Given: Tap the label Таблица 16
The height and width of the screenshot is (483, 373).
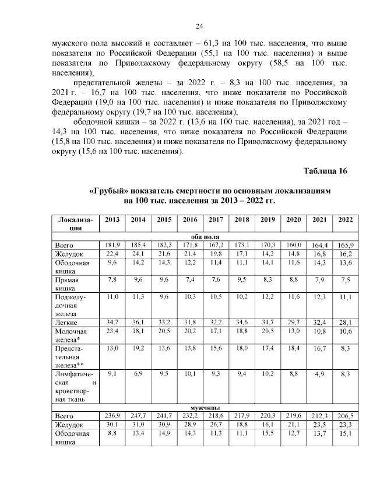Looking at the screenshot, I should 325,171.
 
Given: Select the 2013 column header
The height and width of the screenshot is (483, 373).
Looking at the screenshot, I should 112,220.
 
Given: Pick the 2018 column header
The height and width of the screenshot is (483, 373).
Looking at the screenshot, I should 241,220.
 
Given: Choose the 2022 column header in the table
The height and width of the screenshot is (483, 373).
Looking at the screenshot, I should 345,220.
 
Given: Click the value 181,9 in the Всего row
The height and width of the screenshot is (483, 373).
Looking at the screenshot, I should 113,245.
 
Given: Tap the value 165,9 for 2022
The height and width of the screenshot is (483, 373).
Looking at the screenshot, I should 345,245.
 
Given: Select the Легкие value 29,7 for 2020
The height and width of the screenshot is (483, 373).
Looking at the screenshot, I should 293,323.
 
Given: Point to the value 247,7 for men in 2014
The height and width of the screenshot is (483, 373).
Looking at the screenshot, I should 138,416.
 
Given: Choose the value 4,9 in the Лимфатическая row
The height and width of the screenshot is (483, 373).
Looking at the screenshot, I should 319,374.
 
